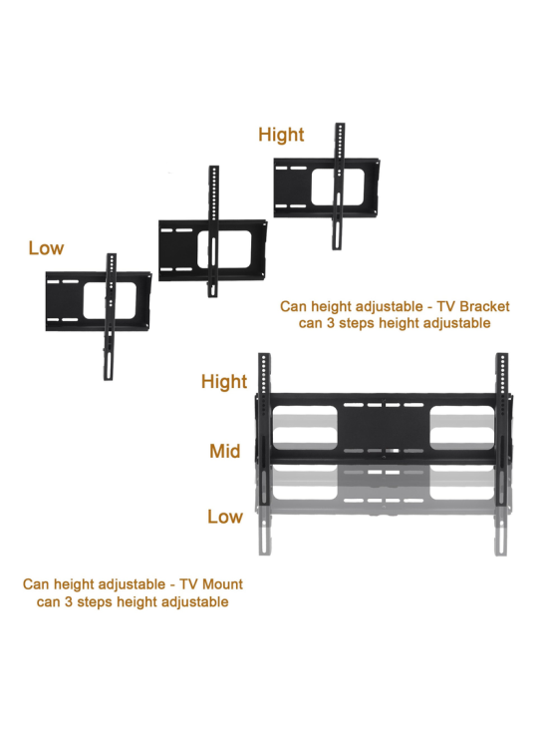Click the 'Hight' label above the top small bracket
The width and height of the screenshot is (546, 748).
[x=281, y=135]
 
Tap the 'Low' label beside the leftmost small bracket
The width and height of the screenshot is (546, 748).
[x=46, y=248]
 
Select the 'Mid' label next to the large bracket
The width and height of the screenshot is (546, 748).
[x=225, y=451]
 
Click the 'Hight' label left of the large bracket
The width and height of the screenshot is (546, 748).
[x=224, y=382]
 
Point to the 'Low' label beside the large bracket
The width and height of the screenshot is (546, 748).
[x=225, y=517]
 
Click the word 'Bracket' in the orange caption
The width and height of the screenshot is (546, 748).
[x=485, y=306]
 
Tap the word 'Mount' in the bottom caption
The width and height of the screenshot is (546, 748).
[x=222, y=584]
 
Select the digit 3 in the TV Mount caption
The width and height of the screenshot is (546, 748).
[x=69, y=602]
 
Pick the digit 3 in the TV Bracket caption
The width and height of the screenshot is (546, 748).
[x=331, y=323]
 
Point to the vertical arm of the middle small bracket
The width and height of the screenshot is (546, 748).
[x=213, y=231]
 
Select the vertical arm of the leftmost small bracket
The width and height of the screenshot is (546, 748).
[x=110, y=317]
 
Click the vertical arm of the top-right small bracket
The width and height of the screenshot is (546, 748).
[x=339, y=187]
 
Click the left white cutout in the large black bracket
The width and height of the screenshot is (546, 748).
[x=305, y=428]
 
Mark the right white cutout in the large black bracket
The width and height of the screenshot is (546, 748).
[x=462, y=428]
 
